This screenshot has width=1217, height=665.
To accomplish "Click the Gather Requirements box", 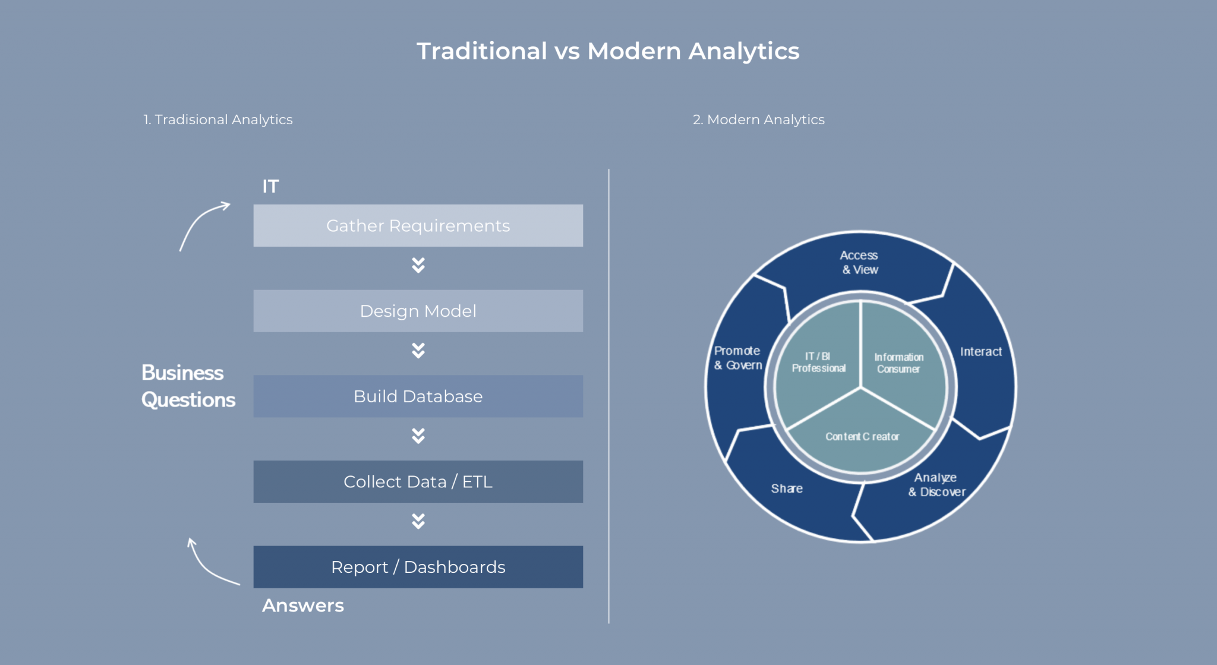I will pyautogui.click(x=418, y=226).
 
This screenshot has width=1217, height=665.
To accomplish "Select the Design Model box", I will pyautogui.click(x=418, y=311).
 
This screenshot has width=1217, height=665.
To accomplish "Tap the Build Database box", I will pyautogui.click(x=418, y=396).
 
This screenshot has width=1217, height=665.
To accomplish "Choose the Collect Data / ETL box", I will pyautogui.click(x=418, y=481).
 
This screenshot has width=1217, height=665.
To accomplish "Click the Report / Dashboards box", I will pyautogui.click(x=418, y=567).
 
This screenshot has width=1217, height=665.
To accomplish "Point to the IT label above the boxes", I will pyautogui.click(x=270, y=187).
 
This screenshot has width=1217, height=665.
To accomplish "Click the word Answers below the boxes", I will pyautogui.click(x=303, y=606).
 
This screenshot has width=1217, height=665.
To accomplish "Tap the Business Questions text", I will pyautogui.click(x=188, y=386).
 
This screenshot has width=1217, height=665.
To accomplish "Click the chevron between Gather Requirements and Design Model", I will pyautogui.click(x=418, y=265).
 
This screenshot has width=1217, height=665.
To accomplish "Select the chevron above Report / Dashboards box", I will pyautogui.click(x=418, y=521).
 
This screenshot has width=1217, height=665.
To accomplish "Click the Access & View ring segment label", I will pyautogui.click(x=859, y=263).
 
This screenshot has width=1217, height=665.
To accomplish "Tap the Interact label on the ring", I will pyautogui.click(x=980, y=352).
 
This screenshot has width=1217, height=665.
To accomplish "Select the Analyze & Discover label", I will pyautogui.click(x=937, y=485).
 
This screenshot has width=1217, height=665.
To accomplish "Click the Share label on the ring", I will pyautogui.click(x=787, y=488).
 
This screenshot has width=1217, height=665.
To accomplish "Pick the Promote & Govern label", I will pyautogui.click(x=737, y=358).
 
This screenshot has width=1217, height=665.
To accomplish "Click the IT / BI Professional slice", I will pyautogui.click(x=818, y=363).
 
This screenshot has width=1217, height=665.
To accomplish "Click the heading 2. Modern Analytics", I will pyautogui.click(x=758, y=119).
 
